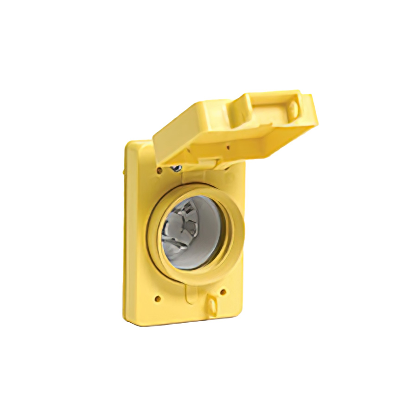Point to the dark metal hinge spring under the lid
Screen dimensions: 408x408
tap(177, 168)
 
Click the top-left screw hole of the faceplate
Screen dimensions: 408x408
tap(159, 171)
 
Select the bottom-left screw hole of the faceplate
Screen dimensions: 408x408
tap(158, 299)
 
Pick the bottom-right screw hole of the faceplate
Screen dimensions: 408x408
tap(223, 293)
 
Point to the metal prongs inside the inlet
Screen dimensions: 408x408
tap(184, 229)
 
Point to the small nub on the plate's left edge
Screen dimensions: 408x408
tap(124, 172)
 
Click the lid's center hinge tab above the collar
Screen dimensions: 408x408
tap(204, 163)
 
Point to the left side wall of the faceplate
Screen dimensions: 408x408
tap(126, 232)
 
